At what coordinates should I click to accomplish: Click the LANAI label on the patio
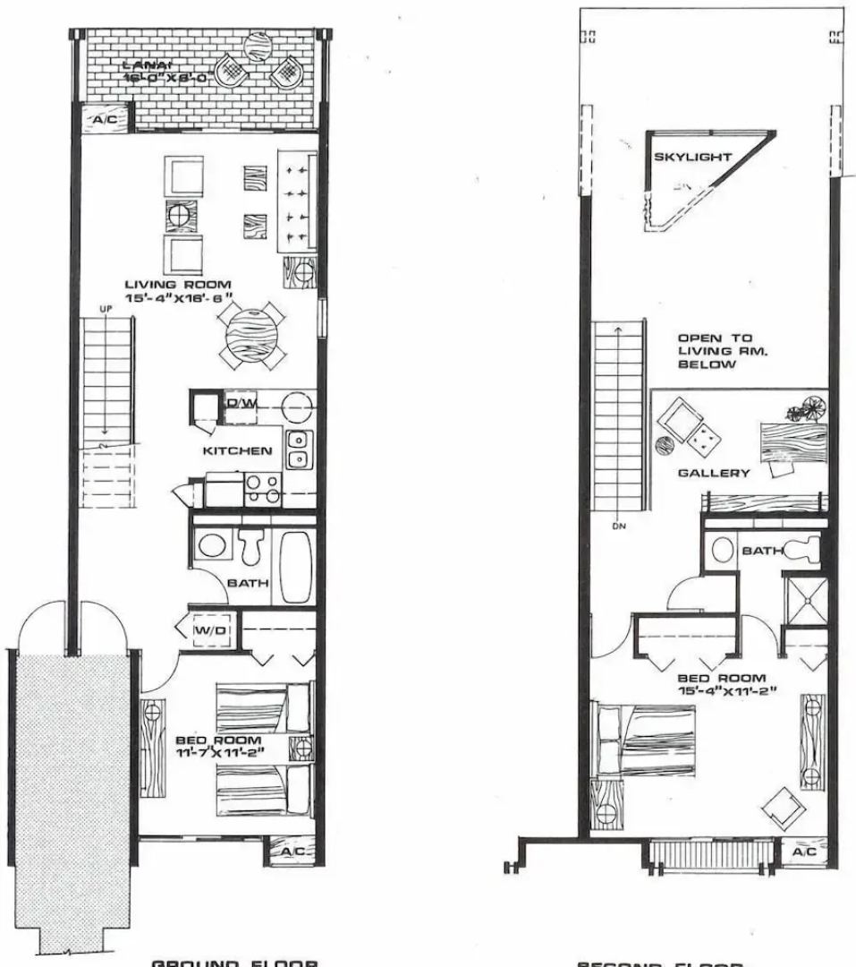click(x=140, y=65)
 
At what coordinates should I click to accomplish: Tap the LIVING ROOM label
click(x=178, y=284)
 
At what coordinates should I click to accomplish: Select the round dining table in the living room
click(x=251, y=332)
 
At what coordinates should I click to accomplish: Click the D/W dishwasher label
click(x=241, y=404)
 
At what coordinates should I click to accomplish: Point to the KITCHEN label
click(x=236, y=450)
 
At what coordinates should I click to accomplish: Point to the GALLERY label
click(x=713, y=473)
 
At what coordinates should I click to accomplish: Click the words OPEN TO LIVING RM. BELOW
click(x=715, y=352)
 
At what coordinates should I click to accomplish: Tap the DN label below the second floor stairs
click(x=619, y=526)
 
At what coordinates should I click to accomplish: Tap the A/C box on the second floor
click(x=803, y=853)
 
